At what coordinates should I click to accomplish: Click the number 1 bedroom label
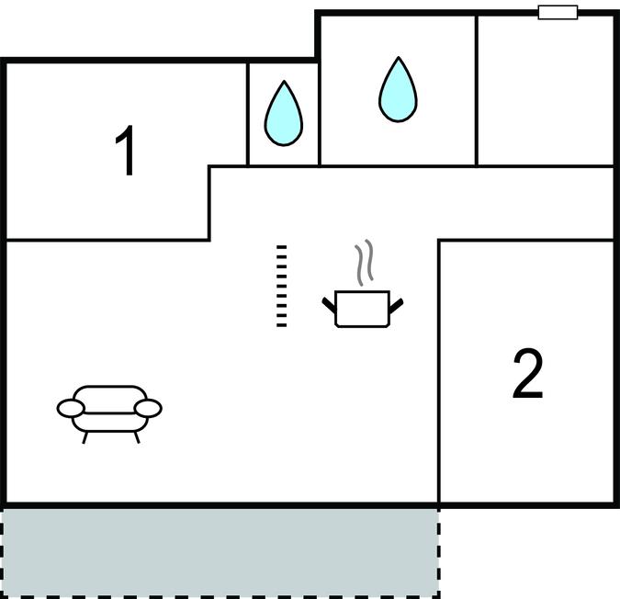(127, 153)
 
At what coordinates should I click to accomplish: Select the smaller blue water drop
(283, 113)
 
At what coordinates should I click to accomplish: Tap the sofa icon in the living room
(109, 409)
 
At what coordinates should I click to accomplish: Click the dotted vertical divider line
(282, 285)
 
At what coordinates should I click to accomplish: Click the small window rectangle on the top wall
(558, 12)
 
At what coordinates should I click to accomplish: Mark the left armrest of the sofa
(70, 407)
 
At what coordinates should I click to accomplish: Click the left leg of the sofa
(85, 436)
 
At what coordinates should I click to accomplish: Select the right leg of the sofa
(137, 436)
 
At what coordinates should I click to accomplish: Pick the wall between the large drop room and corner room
(477, 90)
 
